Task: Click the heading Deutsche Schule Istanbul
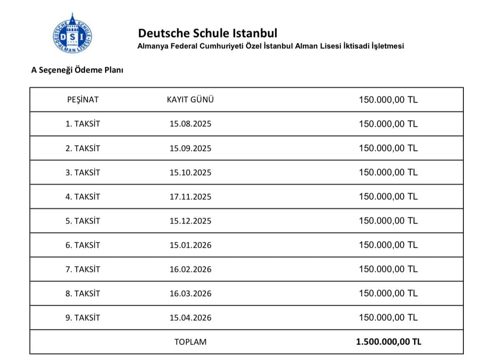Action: (207, 33)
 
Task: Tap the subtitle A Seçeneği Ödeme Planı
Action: (77, 70)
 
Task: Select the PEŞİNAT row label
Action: (83, 100)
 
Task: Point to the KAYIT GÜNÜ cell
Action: (190, 100)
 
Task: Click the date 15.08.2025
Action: (190, 124)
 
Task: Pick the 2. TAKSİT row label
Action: (83, 149)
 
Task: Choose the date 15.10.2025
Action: (190, 173)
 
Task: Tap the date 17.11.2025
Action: (190, 197)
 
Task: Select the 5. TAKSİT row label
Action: (83, 221)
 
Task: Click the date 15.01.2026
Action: (190, 245)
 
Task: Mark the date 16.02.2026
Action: (190, 269)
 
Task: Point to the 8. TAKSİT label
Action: (83, 294)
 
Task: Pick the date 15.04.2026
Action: (190, 318)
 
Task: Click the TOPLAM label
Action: (190, 342)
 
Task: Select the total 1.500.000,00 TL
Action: (388, 342)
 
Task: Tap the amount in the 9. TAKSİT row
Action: (388, 318)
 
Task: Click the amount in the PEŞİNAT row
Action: (388, 100)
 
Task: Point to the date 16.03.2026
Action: (190, 294)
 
